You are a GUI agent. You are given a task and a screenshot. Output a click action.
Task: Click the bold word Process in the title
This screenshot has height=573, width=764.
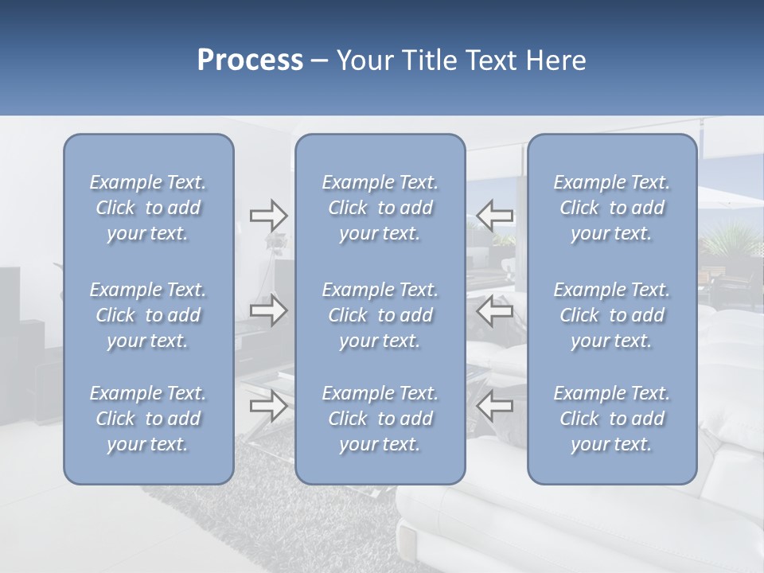pyautogui.click(x=250, y=60)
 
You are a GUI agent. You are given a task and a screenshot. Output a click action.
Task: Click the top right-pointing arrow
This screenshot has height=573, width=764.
pyautogui.click(x=268, y=215)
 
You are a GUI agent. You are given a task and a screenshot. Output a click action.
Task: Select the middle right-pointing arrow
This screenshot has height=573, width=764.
pyautogui.click(x=268, y=310)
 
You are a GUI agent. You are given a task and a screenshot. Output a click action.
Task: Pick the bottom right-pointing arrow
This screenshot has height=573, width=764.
pyautogui.click(x=268, y=406)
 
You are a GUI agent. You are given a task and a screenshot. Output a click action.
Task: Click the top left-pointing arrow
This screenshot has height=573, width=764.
pyautogui.click(x=495, y=215)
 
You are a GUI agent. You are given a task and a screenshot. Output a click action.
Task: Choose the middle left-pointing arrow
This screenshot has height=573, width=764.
pyautogui.click(x=495, y=310)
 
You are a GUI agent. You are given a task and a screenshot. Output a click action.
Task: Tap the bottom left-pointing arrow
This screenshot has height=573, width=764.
pyautogui.click(x=495, y=406)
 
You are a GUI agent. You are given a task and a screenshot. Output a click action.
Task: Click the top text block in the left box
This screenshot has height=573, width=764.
pyautogui.click(x=148, y=208)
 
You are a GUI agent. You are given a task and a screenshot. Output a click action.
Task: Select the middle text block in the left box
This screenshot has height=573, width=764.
pyautogui.click(x=148, y=315)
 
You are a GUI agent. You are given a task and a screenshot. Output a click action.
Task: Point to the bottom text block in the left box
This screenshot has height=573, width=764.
pyautogui.click(x=148, y=419)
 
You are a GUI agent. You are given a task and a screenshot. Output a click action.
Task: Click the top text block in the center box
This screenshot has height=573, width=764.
pyautogui.click(x=380, y=208)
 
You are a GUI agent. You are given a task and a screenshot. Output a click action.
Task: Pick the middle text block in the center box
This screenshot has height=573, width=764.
pyautogui.click(x=380, y=315)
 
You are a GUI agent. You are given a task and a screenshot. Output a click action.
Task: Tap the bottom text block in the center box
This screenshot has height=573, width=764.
pyautogui.click(x=380, y=419)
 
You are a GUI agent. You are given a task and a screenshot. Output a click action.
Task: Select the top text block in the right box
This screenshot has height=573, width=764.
pyautogui.click(x=612, y=208)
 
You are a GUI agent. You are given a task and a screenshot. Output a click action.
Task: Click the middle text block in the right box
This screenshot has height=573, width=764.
pyautogui.click(x=612, y=315)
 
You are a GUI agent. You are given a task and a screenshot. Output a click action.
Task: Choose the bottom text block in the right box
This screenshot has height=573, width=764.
pyautogui.click(x=612, y=419)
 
